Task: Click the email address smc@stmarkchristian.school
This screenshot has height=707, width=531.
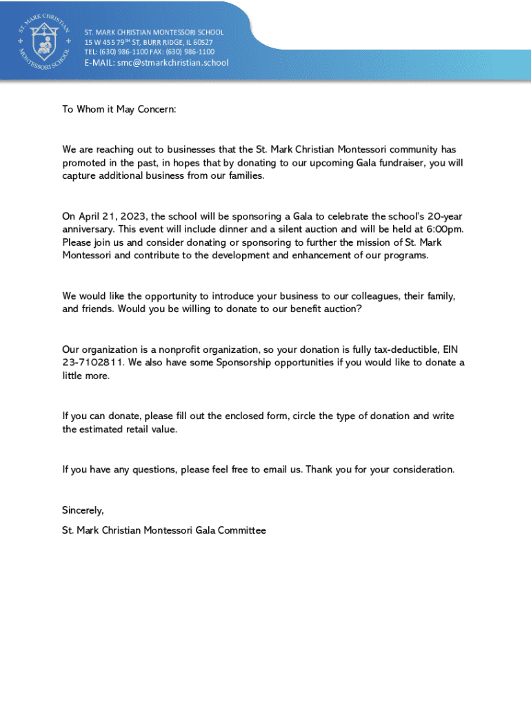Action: pos(172,63)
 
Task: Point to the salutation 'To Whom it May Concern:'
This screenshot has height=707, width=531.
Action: pos(119,109)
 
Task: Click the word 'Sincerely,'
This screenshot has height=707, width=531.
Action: pos(83,510)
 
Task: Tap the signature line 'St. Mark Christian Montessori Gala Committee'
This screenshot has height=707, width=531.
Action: pos(164,530)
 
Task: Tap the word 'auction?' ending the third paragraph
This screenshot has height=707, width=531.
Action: pos(342,309)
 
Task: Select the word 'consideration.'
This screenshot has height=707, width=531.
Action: pos(420,469)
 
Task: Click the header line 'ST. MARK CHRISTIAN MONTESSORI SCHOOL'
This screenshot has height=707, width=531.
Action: pos(154,32)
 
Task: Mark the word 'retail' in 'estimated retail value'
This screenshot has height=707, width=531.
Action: pos(139,429)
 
